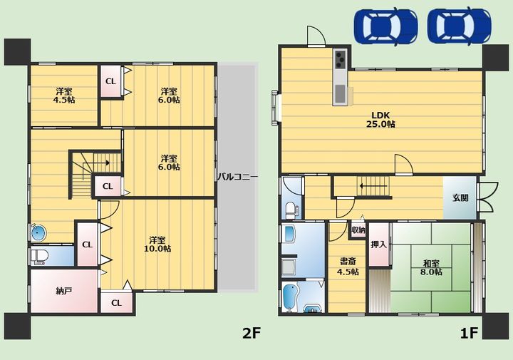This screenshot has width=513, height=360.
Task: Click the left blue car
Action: tap(385, 27)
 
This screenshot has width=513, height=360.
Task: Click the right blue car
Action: tap(459, 26)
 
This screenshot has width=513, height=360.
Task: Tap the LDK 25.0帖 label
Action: tap(380, 120)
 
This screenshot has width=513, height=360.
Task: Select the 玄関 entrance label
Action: tap(460, 197)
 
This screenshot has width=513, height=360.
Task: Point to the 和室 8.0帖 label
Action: tap(431, 268)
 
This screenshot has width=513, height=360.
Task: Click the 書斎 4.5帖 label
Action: tap(348, 267)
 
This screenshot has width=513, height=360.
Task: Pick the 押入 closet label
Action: tap(378, 244)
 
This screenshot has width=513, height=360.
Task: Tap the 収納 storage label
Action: tap(358, 230)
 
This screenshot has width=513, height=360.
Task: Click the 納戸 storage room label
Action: tap(64, 291)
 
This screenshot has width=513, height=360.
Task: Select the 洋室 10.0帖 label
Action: tap(157, 244)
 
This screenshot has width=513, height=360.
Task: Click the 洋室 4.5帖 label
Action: tap(64, 96)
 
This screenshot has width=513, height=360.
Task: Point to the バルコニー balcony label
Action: tap(238, 177)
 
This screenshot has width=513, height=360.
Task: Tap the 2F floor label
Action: tap(252, 333)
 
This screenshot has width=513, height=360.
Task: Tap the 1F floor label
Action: tap(469, 333)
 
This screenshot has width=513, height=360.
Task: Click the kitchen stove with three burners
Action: tap(341, 59)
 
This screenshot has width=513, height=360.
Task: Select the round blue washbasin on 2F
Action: tap(38, 233)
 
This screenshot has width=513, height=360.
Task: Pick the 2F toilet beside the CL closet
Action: tap(39, 256)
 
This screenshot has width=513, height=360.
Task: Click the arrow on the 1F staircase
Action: tap(373, 186)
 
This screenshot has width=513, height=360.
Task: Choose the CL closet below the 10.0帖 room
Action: tap(116, 303)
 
